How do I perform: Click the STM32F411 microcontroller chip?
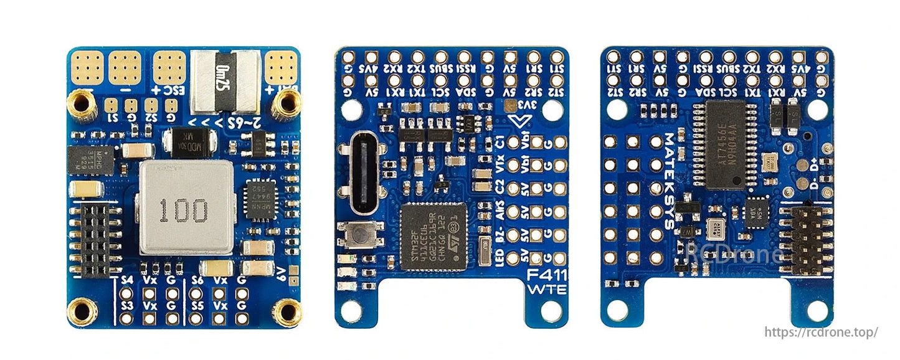[433, 237]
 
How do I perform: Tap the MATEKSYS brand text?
[669, 181]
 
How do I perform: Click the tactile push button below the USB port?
[359, 235]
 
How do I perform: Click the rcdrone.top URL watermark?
[821, 332]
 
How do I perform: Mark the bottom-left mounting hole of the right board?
[617, 310]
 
